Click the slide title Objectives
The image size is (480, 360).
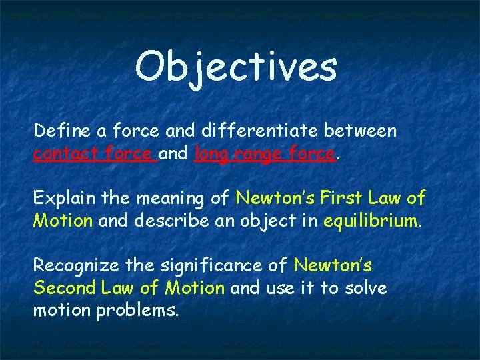236,67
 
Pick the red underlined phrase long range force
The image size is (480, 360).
264,154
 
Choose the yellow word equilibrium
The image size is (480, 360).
371,221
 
